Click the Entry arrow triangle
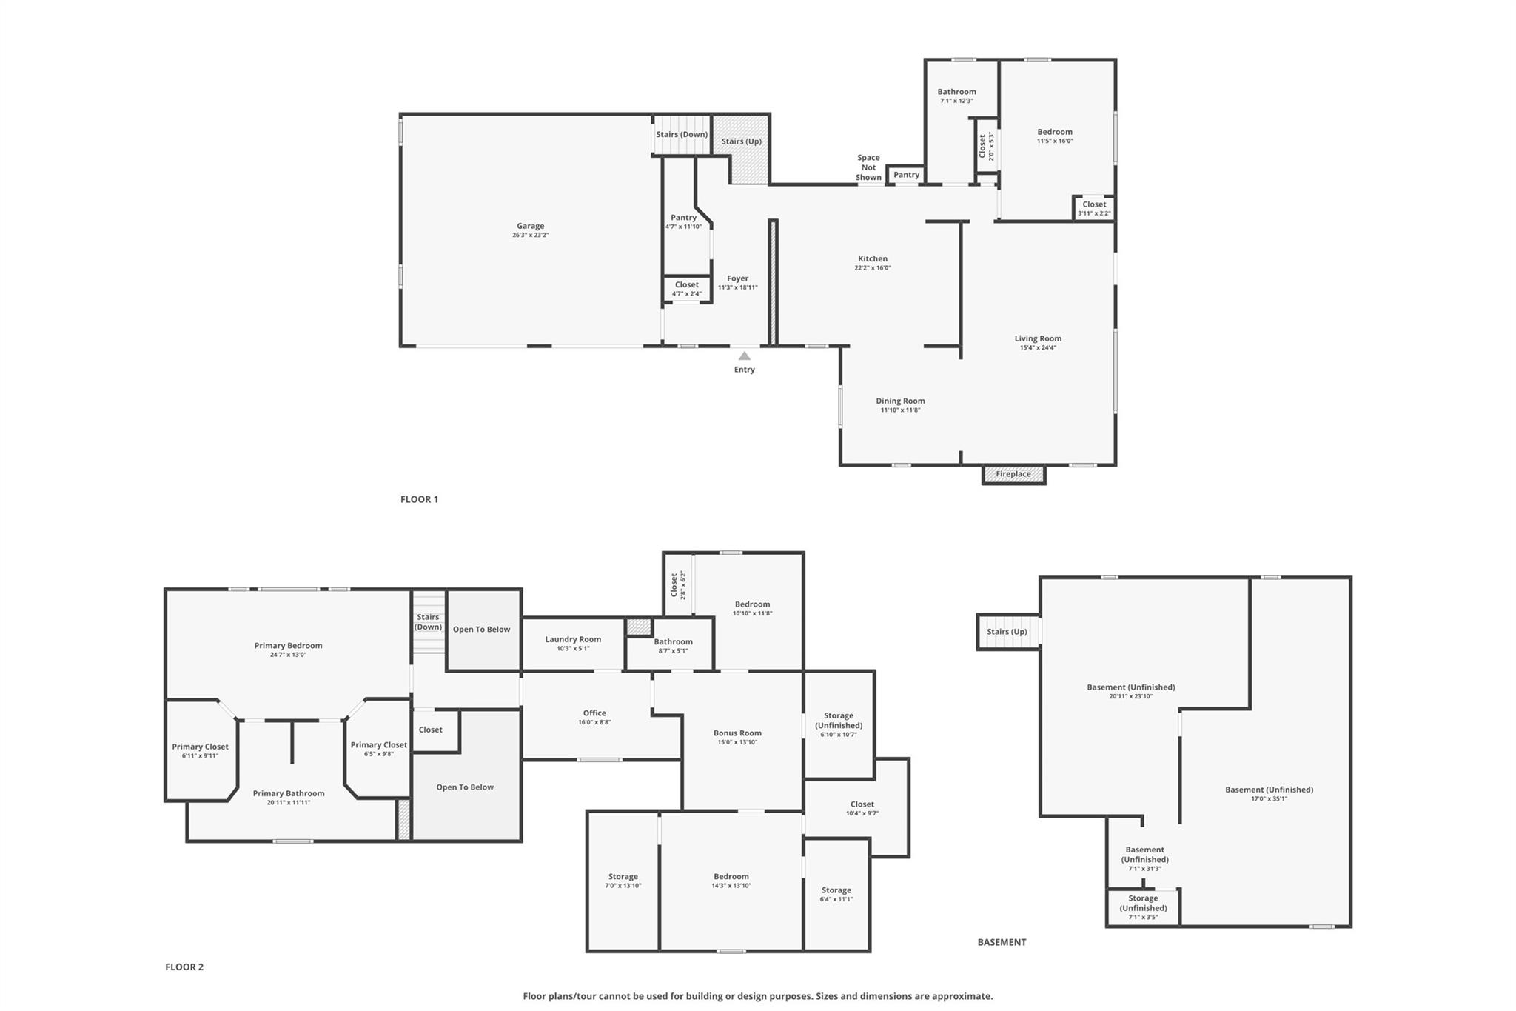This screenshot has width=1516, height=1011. point(745,356)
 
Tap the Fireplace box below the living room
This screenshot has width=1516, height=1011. point(1013,475)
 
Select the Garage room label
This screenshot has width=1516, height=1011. point(530,226)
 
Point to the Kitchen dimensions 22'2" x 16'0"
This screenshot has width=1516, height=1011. point(873,268)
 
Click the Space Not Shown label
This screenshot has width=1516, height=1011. point(868,167)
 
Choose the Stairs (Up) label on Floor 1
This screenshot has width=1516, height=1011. point(742,141)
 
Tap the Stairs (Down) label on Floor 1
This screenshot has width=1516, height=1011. point(682,134)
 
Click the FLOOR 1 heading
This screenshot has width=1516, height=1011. point(419,499)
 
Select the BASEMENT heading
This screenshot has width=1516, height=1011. point(1002,942)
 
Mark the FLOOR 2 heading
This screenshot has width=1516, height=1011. point(184,967)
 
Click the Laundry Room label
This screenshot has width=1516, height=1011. point(573,639)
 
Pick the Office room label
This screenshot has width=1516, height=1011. point(594,713)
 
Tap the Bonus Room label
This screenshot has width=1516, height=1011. point(737,733)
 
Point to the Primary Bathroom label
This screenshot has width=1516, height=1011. point(289,793)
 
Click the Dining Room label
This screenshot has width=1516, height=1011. point(900,401)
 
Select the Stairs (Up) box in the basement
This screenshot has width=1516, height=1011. point(1008,632)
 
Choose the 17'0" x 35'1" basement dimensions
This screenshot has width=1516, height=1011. point(1269,798)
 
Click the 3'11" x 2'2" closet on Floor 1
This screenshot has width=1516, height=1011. point(1094,208)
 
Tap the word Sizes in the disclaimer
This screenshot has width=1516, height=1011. point(830,996)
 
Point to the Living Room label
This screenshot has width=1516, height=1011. point(1038,338)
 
